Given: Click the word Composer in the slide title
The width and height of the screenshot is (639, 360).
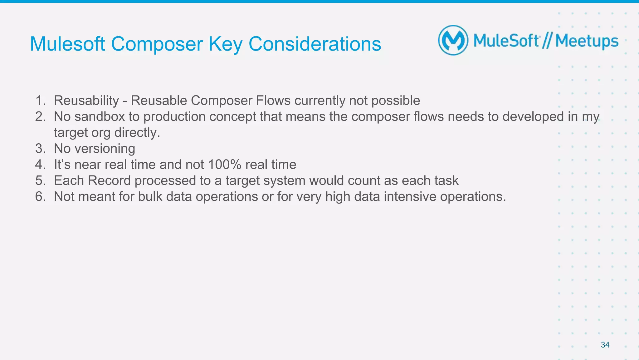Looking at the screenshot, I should (157, 44).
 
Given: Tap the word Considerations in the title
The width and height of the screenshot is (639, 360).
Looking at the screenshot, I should (315, 44).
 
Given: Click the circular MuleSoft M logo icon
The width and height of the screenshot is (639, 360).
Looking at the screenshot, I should (453, 40).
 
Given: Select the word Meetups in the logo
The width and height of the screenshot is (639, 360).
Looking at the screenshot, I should (587, 41).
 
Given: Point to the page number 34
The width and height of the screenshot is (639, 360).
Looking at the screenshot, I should (605, 345).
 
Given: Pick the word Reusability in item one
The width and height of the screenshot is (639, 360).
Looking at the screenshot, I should (86, 101).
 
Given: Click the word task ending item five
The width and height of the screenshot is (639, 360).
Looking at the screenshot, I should (447, 180).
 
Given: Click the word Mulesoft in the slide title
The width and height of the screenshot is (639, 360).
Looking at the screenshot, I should (67, 44).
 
